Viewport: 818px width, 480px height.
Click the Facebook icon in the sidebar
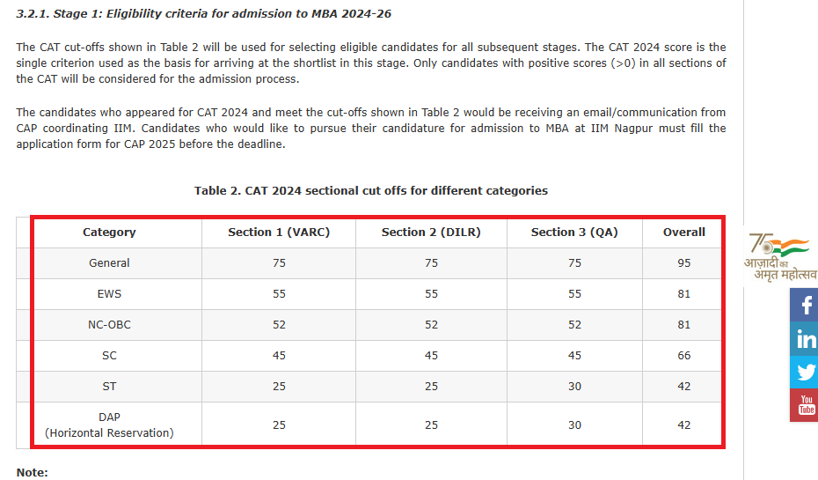pos(804,305)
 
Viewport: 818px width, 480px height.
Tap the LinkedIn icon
pos(804,338)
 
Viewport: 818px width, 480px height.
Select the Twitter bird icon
pos(804,372)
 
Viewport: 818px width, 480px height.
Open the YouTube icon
pos(804,405)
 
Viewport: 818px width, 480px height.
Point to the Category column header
pos(109,233)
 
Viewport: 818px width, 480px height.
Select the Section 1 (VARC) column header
pos(279,233)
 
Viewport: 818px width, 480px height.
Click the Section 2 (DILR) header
pos(431,233)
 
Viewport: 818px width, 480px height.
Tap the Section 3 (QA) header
pos(574,233)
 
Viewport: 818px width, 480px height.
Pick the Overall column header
pos(684,233)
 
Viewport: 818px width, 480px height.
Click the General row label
pos(109,263)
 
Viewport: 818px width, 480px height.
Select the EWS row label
pos(109,294)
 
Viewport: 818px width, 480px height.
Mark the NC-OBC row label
pos(109,325)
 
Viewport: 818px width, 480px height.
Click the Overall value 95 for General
pos(684,263)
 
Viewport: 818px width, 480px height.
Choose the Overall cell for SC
pos(684,356)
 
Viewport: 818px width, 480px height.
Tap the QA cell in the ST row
pos(574,387)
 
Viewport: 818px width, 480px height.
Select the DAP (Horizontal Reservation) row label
pos(109,425)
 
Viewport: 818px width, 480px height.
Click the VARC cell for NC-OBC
pos(279,325)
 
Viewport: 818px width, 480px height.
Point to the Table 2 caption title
pos(370,190)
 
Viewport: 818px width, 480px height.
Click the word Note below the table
pos(32,473)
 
